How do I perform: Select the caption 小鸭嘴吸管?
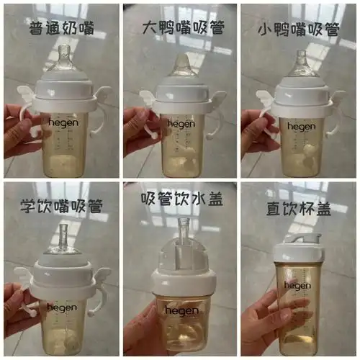pos(297,30)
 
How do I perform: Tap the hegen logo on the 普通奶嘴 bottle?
pos(62,123)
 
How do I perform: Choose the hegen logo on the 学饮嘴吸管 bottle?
pos(62,307)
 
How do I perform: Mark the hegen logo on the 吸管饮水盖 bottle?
pos(179,310)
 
